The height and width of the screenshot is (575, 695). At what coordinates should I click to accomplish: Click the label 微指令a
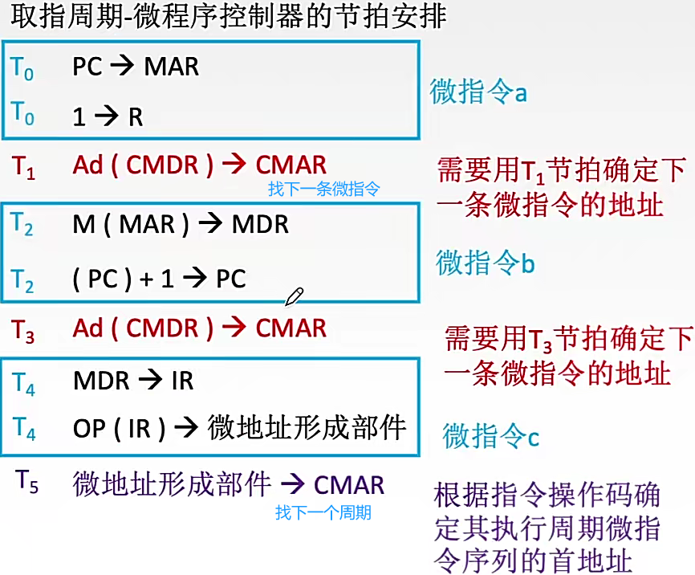pos(478,92)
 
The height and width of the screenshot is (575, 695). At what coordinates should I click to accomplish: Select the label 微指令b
pos(485,263)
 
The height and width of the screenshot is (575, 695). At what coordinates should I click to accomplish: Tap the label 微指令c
pos(490,436)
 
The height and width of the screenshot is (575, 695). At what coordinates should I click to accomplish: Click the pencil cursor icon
pos(294,296)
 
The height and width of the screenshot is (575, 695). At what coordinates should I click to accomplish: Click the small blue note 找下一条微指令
pos(323,190)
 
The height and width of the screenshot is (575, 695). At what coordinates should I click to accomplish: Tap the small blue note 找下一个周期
pos(323,512)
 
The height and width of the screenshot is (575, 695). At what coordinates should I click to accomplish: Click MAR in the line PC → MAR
pos(171,67)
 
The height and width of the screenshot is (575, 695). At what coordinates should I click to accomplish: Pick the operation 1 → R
pos(108,117)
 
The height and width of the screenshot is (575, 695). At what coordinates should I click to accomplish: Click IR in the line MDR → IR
pos(182,380)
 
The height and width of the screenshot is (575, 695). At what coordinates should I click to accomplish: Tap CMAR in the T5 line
pos(348,484)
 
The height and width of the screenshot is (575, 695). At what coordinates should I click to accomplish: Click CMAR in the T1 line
pos(291,165)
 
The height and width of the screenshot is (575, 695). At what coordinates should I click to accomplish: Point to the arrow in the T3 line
pos(234,328)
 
